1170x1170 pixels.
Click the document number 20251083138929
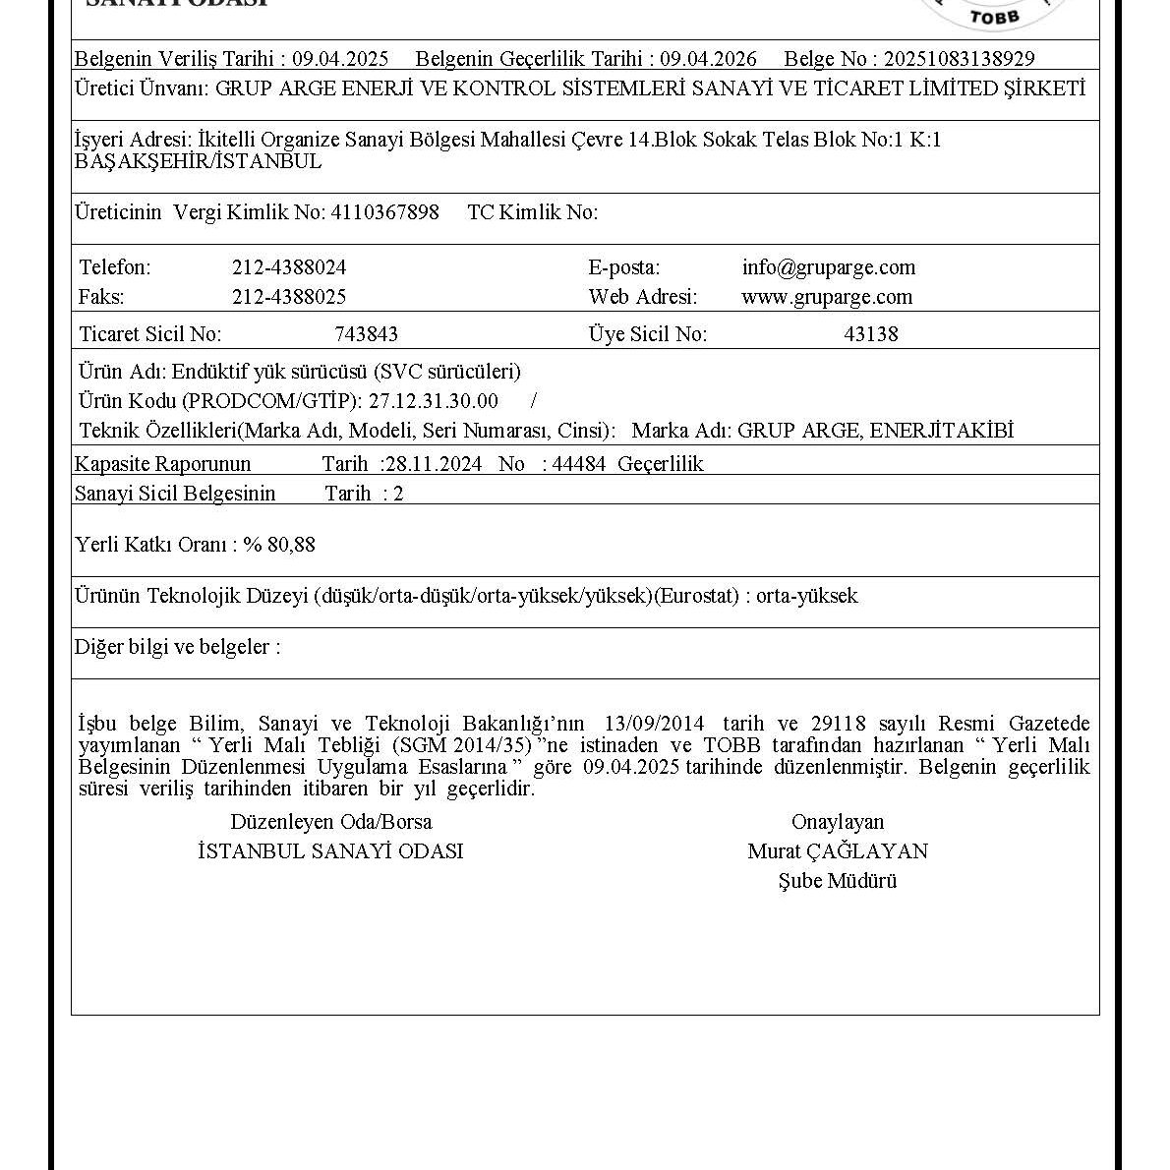959,59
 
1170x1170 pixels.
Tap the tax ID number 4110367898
385,212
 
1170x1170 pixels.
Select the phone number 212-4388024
289,267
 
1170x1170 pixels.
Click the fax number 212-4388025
289,297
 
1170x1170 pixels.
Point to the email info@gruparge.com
829,267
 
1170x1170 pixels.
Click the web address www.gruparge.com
827,297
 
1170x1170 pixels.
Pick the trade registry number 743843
367,334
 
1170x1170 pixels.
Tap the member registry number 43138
871,334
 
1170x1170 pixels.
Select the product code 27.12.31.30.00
434,401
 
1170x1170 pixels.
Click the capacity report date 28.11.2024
434,464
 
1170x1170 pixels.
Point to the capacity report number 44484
579,464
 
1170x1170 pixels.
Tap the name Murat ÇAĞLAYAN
838,851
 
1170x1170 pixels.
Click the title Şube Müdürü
838,881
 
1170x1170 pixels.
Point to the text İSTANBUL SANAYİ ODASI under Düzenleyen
330,851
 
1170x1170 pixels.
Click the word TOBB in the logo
995,16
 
